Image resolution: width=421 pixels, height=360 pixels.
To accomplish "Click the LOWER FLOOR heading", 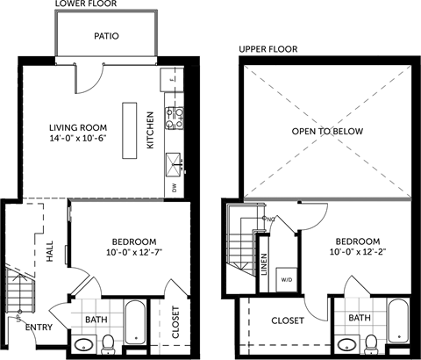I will point(85,4).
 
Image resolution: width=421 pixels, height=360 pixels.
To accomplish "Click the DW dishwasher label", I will point(175,186).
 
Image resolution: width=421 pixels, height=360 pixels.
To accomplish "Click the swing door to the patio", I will point(88,79).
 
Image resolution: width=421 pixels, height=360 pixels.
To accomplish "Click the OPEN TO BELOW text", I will point(327,132).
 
